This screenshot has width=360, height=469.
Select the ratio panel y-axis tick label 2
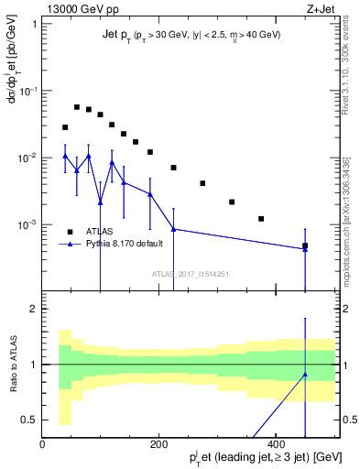(x=33, y=309)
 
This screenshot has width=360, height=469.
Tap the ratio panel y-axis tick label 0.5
(x=28, y=420)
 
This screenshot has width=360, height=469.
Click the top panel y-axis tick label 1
(x=33, y=23)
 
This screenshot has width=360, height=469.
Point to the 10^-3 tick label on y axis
(x=27, y=225)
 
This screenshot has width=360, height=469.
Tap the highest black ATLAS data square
(x=77, y=107)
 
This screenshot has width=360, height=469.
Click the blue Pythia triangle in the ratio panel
(x=305, y=375)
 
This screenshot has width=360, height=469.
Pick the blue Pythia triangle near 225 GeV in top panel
(x=173, y=229)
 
